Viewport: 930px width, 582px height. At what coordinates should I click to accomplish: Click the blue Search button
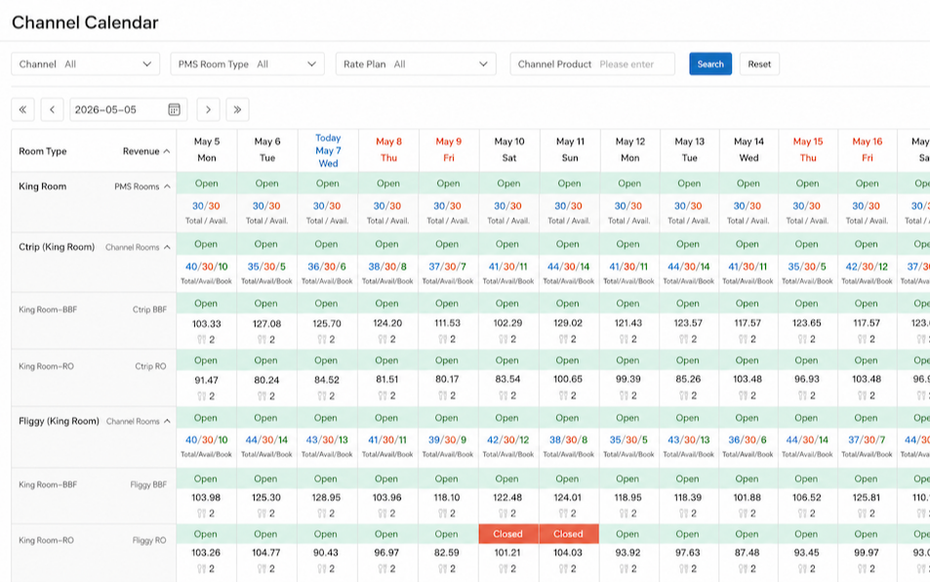(x=710, y=64)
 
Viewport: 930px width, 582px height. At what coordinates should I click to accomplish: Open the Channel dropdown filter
(x=86, y=64)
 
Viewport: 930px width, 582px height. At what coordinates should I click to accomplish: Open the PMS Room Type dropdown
(x=247, y=64)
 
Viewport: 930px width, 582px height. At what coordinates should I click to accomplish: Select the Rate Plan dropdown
(x=416, y=64)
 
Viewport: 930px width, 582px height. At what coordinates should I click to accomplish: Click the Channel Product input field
(x=592, y=64)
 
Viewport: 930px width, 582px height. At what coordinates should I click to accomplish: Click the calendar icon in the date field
(x=174, y=109)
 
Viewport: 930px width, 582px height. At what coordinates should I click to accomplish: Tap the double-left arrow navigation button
(x=22, y=109)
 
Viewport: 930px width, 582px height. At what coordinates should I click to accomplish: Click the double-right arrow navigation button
(x=237, y=109)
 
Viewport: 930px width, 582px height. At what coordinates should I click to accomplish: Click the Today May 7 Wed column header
(x=328, y=150)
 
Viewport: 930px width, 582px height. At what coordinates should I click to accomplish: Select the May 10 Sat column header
(x=509, y=149)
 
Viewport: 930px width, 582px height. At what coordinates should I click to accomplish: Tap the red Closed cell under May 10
(x=508, y=534)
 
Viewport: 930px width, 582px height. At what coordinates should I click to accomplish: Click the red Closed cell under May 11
(x=569, y=534)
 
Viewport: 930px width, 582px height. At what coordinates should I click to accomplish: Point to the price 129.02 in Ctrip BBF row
(x=568, y=323)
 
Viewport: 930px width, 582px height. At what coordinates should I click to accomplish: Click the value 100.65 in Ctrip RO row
(x=568, y=379)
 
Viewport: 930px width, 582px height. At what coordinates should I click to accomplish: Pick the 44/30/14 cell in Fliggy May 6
(x=266, y=440)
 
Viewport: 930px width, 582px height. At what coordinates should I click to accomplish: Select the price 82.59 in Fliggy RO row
(x=447, y=553)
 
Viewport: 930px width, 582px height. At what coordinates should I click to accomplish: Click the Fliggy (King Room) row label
(x=59, y=421)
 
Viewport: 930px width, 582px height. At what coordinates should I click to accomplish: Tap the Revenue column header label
(x=142, y=151)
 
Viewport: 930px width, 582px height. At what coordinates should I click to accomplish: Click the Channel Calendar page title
(x=85, y=22)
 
